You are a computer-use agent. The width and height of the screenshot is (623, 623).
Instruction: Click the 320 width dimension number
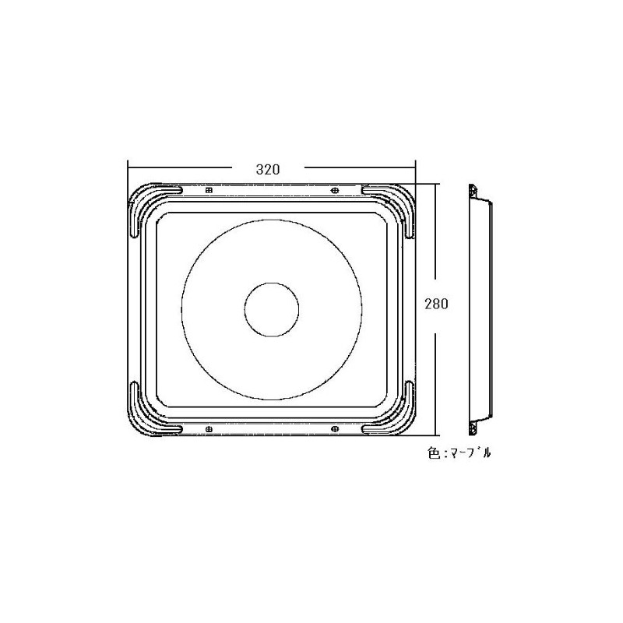point(266,168)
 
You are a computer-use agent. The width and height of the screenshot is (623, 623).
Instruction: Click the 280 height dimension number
point(435,305)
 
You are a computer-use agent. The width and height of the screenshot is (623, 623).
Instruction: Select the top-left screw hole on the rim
point(208,190)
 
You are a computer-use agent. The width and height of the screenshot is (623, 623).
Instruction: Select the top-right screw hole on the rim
point(334,190)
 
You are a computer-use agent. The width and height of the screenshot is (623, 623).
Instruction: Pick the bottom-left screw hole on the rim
point(208,429)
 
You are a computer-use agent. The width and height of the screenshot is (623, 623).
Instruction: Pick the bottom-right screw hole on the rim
point(334,429)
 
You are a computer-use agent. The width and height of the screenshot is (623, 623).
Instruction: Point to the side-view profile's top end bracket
point(473,191)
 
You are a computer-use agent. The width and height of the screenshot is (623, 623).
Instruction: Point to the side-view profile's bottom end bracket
point(473,428)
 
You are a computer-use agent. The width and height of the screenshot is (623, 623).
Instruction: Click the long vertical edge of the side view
point(470,311)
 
